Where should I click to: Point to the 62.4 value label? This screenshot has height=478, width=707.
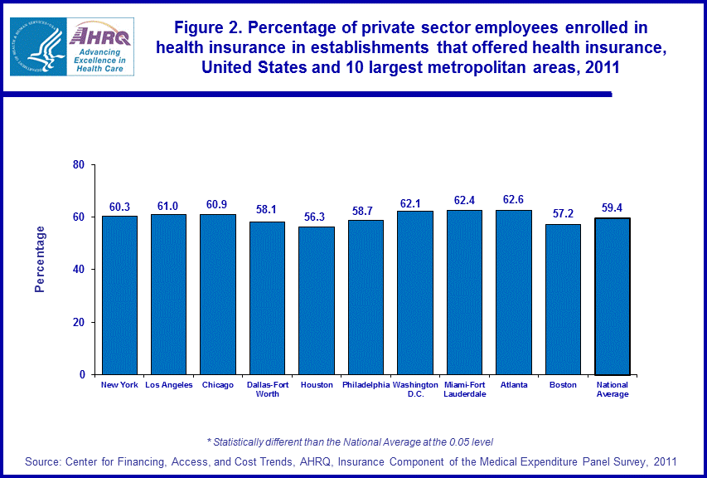click(464, 200)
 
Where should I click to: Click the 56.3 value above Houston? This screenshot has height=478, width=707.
click(316, 217)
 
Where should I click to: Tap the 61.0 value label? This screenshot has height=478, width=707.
click(168, 204)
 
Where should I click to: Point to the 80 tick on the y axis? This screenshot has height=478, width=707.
click(79, 164)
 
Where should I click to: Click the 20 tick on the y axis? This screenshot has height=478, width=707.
click(79, 322)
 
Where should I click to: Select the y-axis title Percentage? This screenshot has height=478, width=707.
click(40, 259)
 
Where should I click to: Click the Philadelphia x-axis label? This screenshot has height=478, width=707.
click(366, 385)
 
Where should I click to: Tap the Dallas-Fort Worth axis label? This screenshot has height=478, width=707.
click(267, 389)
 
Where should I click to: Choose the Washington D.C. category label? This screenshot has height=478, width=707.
click(414, 389)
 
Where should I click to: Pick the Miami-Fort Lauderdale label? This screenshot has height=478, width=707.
click(464, 389)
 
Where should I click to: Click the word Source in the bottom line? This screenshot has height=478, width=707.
click(46, 461)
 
